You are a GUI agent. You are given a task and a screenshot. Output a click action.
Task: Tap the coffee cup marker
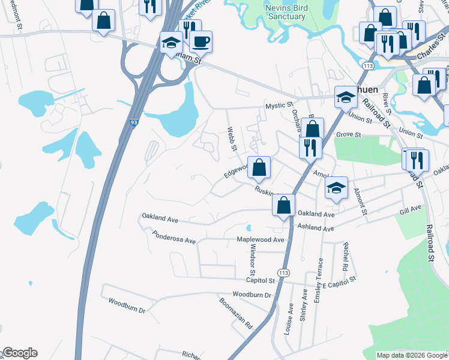point(200,43)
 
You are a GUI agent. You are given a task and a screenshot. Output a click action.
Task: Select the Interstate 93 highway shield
point(133,122)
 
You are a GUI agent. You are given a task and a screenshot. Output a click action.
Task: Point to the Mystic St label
point(279,106)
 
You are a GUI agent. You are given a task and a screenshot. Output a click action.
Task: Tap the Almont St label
point(360,200)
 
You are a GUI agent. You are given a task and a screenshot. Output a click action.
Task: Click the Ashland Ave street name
point(316,228)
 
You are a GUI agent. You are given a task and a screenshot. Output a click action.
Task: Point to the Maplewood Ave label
point(261,239)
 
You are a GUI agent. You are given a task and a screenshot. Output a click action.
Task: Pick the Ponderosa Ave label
point(173,237)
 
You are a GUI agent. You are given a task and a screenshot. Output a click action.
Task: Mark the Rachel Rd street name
point(345,256)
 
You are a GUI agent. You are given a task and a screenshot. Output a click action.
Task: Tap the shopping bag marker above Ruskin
point(259,168)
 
